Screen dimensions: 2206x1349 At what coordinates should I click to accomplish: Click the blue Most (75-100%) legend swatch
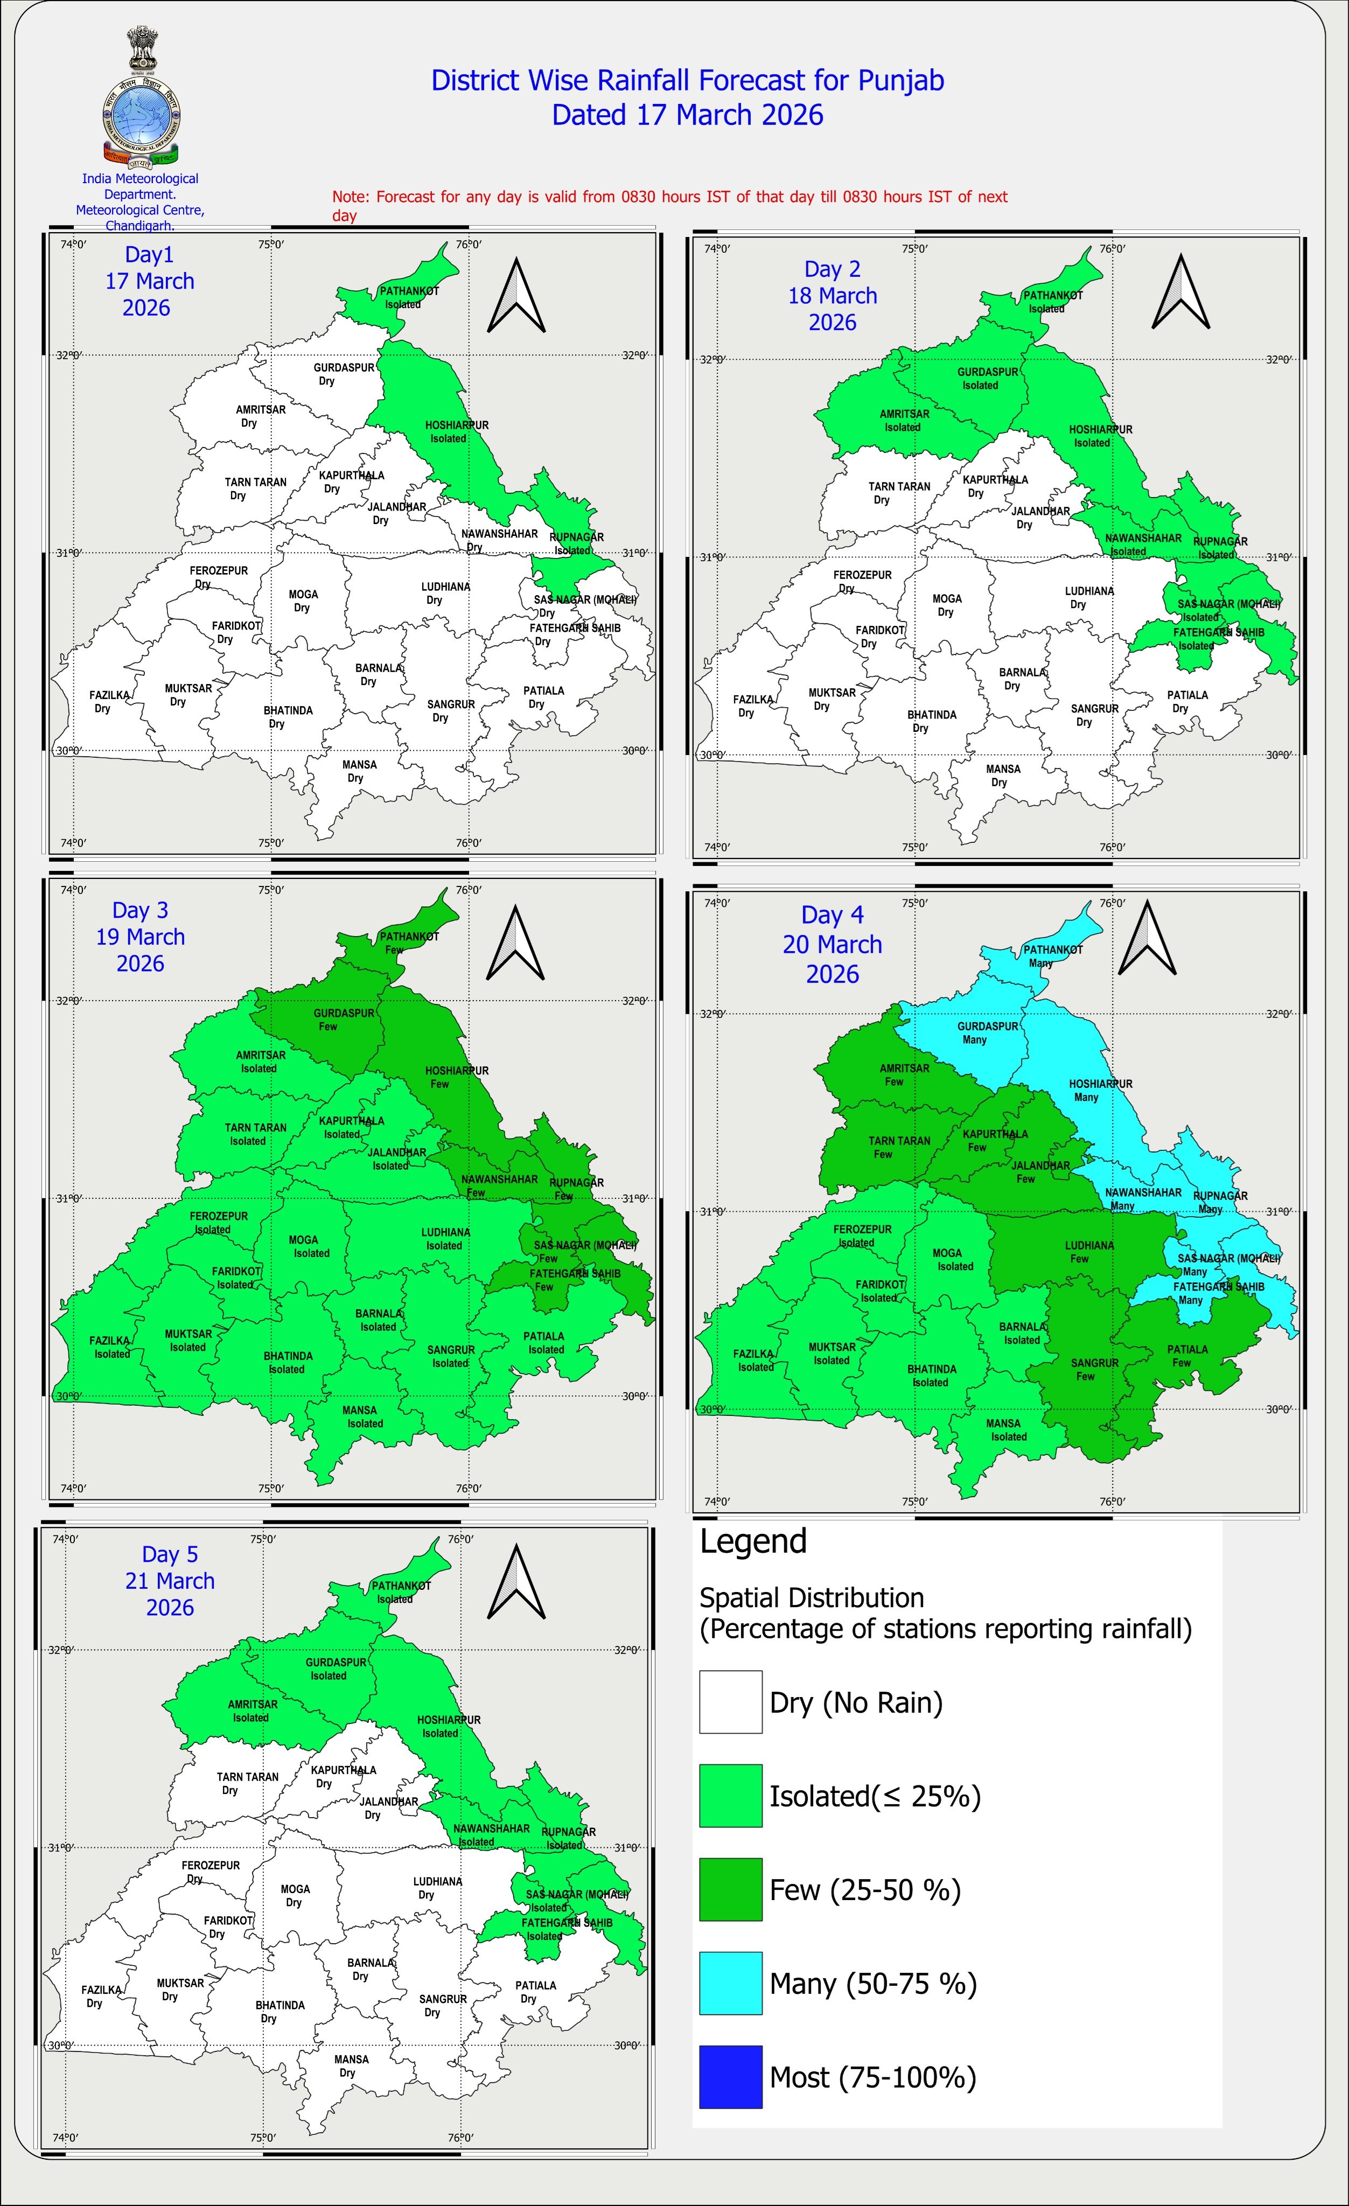click(730, 2076)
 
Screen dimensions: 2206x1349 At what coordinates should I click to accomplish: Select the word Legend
click(753, 1541)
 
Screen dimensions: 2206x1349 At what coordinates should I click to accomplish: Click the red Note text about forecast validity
click(669, 205)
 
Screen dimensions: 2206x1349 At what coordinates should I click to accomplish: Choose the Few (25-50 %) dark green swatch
click(730, 1889)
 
